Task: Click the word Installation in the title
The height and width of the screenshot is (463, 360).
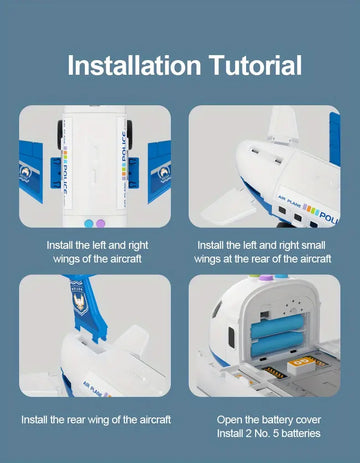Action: [134, 65]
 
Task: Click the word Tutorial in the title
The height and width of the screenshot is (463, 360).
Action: [255, 65]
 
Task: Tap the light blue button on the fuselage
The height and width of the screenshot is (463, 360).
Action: [89, 223]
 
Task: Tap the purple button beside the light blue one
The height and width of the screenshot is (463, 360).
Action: [100, 223]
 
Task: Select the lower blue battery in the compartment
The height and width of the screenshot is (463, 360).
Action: [277, 344]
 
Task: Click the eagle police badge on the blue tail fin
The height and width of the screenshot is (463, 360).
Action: [79, 303]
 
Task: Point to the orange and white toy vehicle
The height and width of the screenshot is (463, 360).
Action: [303, 365]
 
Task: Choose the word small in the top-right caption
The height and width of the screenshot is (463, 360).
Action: [313, 245]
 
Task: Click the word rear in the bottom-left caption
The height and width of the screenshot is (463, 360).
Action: [76, 420]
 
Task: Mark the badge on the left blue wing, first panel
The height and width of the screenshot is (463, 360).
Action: [26, 173]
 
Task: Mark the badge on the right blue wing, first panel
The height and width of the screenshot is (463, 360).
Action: [164, 173]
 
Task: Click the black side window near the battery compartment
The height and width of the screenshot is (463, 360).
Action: [231, 337]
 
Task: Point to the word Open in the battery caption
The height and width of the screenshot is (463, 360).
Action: [229, 420]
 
